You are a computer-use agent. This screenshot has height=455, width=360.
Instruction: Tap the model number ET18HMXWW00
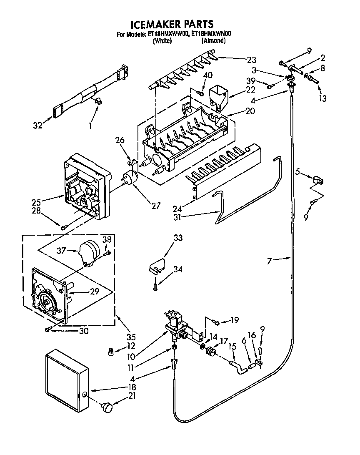tap(167, 35)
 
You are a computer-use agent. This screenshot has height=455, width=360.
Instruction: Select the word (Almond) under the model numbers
tap(214, 41)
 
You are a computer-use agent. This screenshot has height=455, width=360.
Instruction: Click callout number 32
tap(37, 125)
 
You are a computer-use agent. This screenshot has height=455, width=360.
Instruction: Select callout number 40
tap(208, 75)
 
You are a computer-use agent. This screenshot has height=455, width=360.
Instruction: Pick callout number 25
tap(36, 202)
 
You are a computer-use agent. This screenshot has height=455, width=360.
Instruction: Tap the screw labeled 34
tap(155, 286)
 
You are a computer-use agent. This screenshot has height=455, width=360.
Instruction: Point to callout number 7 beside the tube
tap(270, 261)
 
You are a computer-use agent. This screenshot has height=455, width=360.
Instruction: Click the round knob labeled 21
tap(107, 407)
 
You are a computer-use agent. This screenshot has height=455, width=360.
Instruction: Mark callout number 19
tap(234, 321)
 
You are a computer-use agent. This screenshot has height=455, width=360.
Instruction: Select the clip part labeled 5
tap(317, 180)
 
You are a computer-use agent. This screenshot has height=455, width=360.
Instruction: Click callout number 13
tap(323, 98)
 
